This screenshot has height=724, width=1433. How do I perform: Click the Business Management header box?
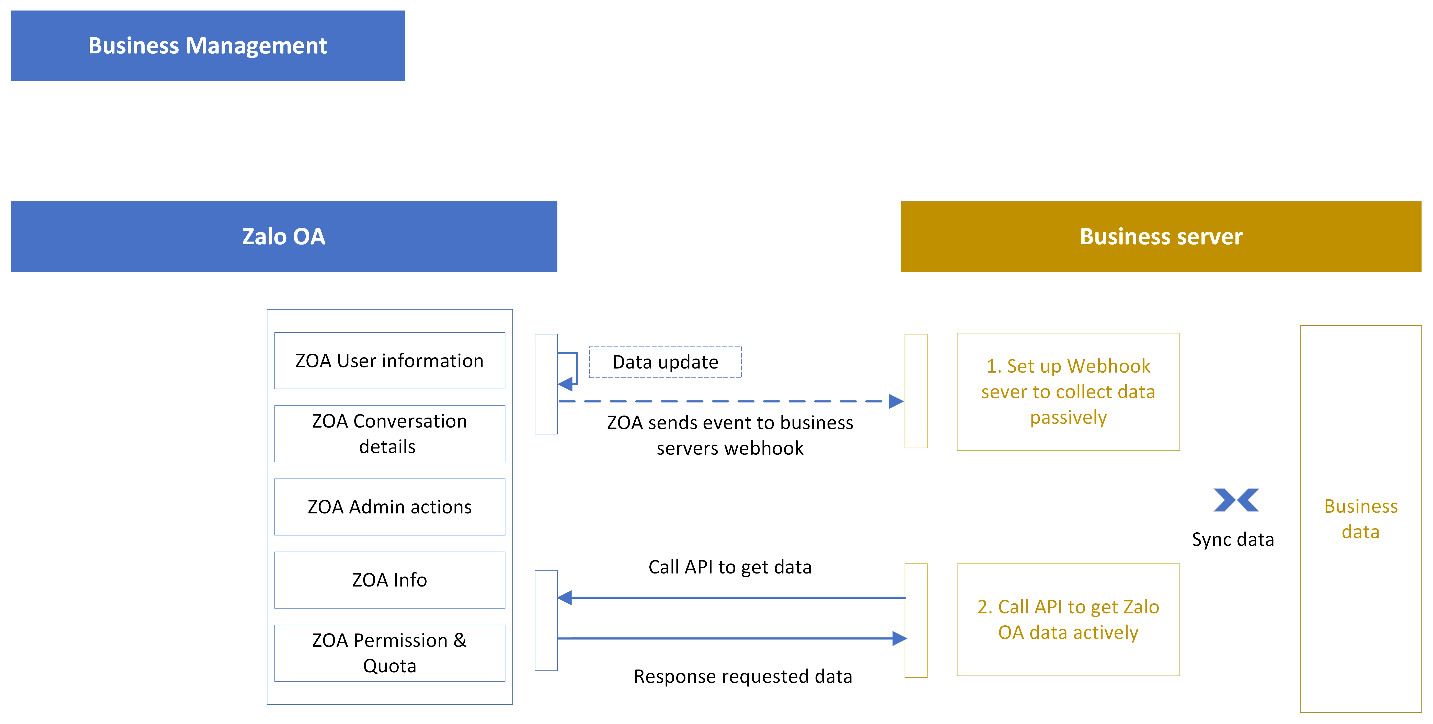[x=208, y=45]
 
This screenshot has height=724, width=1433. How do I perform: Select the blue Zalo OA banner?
[x=284, y=236]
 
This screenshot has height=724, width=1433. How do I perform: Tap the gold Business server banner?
[x=1161, y=236]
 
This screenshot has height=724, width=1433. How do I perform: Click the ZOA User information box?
[x=389, y=361]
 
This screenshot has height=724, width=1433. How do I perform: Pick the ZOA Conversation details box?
[x=389, y=434]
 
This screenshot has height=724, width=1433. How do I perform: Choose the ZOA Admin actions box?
[x=389, y=507]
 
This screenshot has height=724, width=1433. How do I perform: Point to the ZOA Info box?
[x=389, y=580]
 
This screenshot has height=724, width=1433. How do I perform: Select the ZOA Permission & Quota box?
[x=389, y=653]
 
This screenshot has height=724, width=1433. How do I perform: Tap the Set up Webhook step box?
[x=1068, y=392]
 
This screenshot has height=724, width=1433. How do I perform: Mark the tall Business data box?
[x=1361, y=519]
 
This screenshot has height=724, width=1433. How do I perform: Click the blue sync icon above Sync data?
[x=1236, y=500]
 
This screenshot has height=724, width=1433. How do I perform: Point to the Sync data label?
[x=1233, y=539]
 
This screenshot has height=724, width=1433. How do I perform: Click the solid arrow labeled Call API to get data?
[x=731, y=598]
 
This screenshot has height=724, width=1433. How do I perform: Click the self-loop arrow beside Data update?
[x=577, y=368]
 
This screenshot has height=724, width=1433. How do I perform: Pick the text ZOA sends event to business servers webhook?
[x=730, y=435]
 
